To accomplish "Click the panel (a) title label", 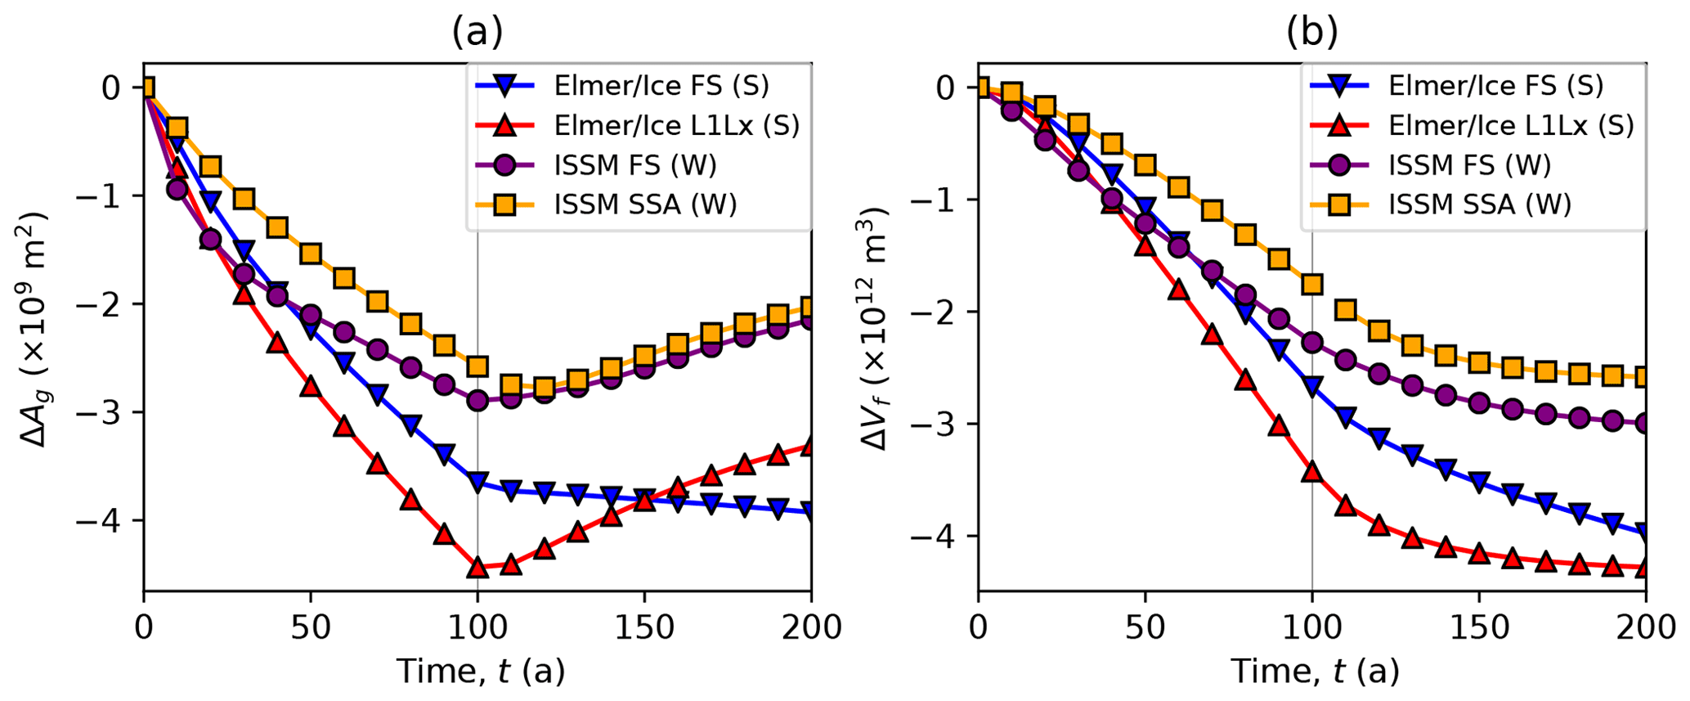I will tap(477, 32).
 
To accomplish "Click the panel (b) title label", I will tap(1312, 32).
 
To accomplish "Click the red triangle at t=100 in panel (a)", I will tap(477, 567).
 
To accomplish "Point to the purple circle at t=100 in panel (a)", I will tap(477, 401).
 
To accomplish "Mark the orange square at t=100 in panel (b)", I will tap(1312, 284).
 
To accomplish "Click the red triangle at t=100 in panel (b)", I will tap(1312, 471).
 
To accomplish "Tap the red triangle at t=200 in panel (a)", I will tap(810, 447).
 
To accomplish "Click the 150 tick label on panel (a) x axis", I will tap(644, 628).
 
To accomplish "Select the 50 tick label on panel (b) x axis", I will tap(1145, 628).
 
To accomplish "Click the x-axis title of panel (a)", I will tap(481, 672).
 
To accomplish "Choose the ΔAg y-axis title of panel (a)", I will tap(34, 327).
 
